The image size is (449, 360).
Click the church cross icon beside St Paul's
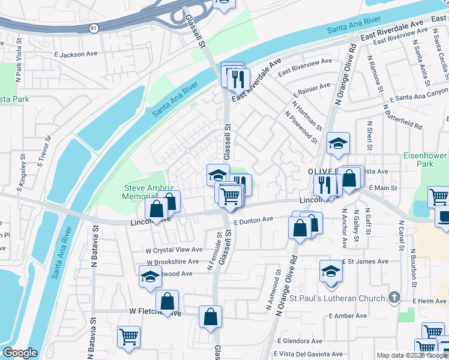[x=394, y=298]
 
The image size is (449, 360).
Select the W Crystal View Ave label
[x=174, y=250]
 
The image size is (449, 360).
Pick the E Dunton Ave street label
[x=253, y=220]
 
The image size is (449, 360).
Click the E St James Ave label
[x=367, y=262]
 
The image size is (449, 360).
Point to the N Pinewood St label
[x=301, y=127]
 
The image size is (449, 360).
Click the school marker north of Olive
[x=338, y=143]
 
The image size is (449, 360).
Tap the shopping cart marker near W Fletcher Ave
[x=129, y=337]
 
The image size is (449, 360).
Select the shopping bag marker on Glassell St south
[x=210, y=317]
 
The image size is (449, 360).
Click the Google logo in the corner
[x=20, y=353]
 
